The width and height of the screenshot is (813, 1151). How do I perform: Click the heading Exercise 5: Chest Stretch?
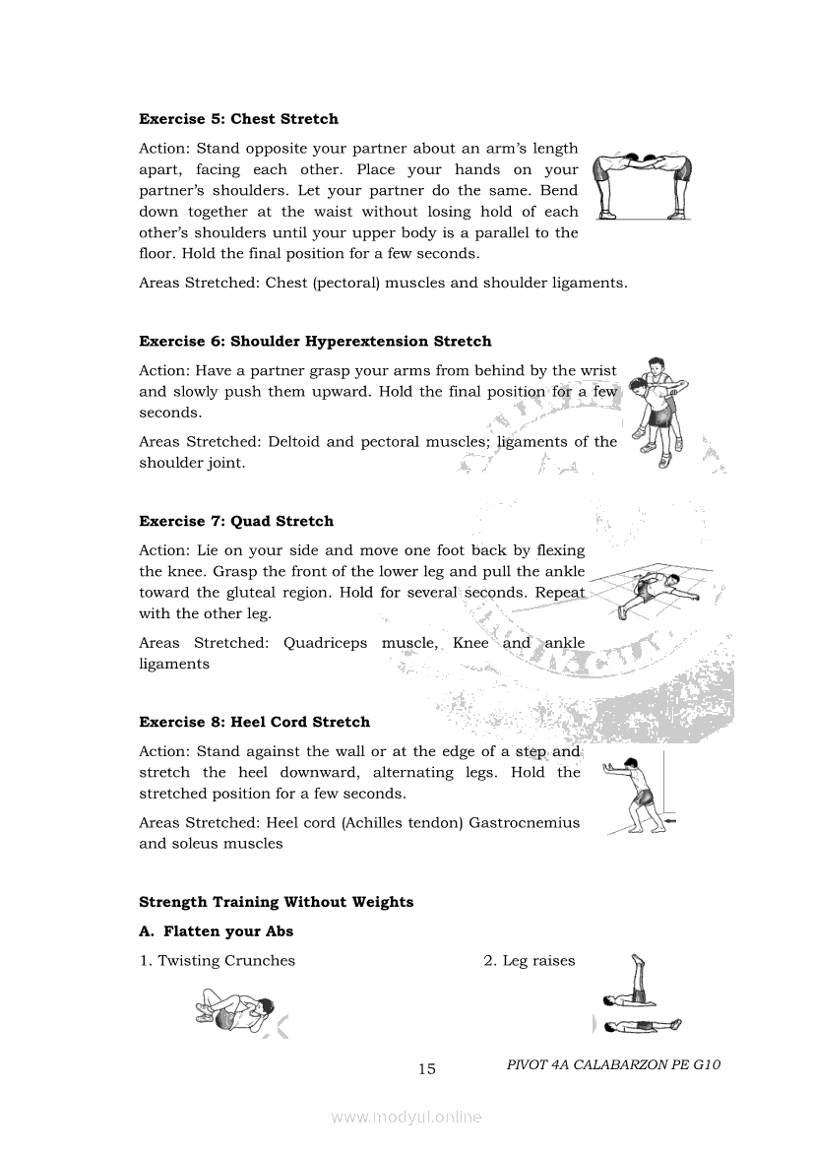238,119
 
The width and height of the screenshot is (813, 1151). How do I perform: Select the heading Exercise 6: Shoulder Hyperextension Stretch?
315,342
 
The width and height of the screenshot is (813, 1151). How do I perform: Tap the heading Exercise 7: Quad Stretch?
236,522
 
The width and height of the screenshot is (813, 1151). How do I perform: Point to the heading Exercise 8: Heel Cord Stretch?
254,722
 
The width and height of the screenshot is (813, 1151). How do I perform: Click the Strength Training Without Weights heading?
276,902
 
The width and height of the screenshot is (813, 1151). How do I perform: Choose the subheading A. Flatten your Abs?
217,931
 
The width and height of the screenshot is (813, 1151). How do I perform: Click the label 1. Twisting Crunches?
218,961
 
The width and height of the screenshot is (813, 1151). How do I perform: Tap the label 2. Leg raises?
529,961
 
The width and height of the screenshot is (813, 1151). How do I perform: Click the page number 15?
426,1069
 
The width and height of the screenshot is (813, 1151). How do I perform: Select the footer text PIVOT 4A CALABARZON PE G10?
614,1064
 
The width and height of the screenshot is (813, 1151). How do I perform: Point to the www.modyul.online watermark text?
406,1118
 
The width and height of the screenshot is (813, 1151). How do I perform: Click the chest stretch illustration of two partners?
642,187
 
